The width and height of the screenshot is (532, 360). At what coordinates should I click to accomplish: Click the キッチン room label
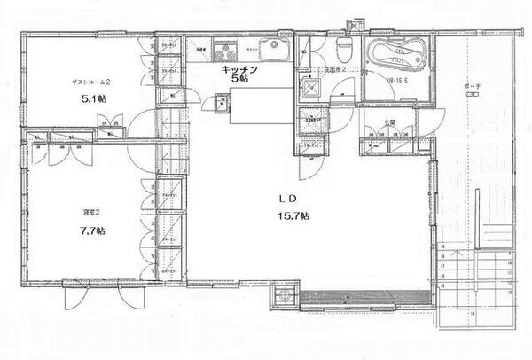(x=239, y=68)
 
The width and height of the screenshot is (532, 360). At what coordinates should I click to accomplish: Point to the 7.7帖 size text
(x=90, y=231)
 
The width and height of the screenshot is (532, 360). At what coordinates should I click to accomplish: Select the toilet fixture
(x=346, y=49)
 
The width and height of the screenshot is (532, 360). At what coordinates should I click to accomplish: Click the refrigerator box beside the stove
(x=201, y=51)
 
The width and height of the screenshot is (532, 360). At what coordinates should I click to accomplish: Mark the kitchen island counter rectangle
(x=260, y=105)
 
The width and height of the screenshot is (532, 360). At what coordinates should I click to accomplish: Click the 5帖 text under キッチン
(x=239, y=79)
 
